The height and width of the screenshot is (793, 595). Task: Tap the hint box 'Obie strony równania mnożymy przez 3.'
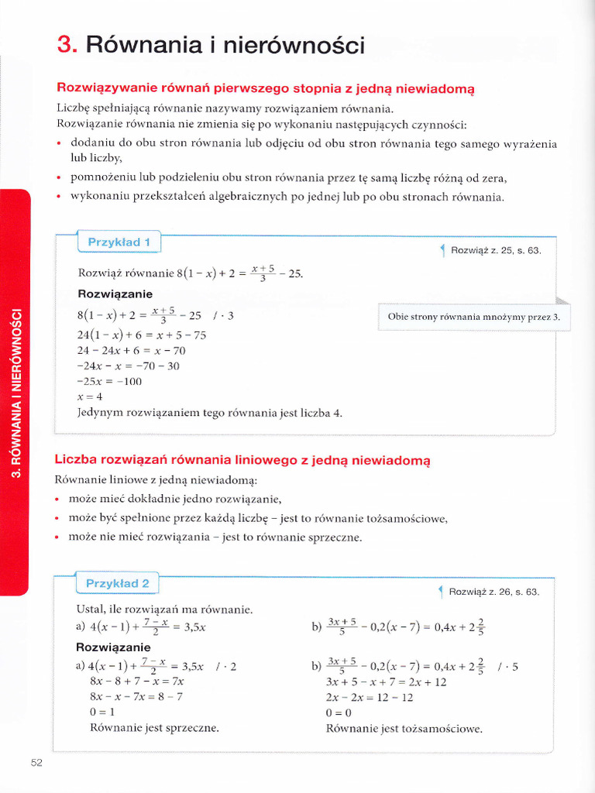pyautogui.click(x=473, y=317)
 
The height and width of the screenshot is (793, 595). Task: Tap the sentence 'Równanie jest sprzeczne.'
pyautogui.click(x=154, y=728)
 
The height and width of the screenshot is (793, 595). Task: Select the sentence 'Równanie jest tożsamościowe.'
pyautogui.click(x=404, y=729)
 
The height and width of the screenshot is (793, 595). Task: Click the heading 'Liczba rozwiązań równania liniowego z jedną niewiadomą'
pyautogui.click(x=242, y=460)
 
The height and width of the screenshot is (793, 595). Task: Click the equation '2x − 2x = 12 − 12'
pyautogui.click(x=370, y=697)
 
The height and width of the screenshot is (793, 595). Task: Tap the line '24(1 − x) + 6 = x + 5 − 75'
pyautogui.click(x=142, y=335)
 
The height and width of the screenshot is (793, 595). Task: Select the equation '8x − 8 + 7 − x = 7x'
pyautogui.click(x=137, y=681)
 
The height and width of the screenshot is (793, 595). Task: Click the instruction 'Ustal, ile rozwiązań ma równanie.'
pyautogui.click(x=164, y=609)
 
